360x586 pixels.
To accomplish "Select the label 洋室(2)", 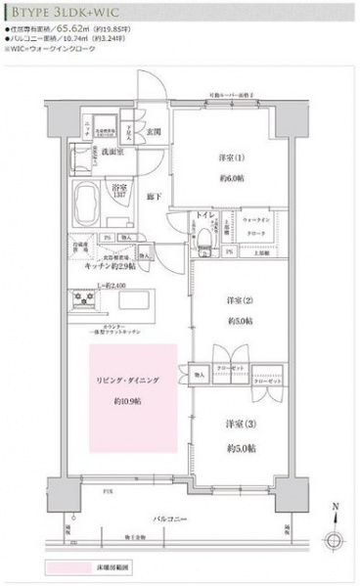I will click(x=237, y=298).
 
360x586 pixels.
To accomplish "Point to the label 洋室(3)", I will click(x=237, y=423).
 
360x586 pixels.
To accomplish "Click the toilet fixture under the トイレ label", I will click(x=206, y=234).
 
